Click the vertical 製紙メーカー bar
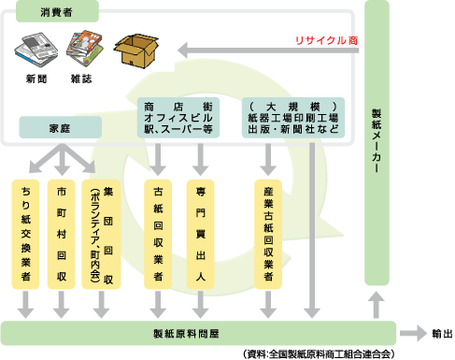[376, 140]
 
